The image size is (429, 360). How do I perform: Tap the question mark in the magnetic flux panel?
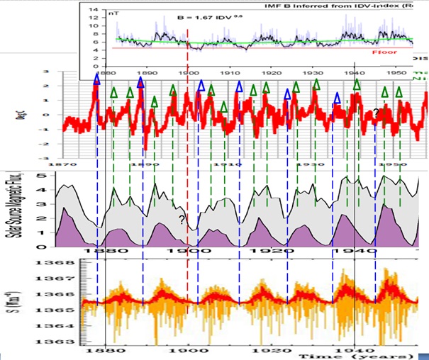pos(182,220)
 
